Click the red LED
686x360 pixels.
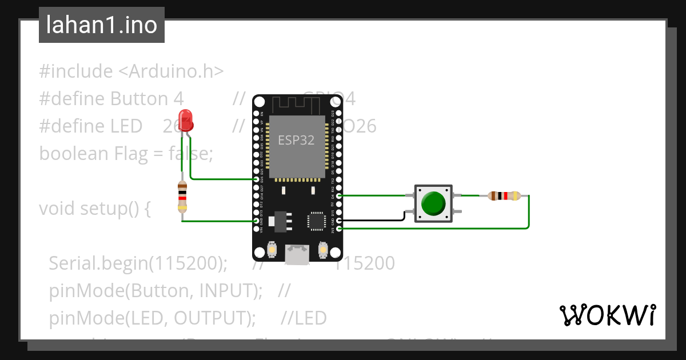tap(186, 120)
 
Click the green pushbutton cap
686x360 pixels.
tap(433, 203)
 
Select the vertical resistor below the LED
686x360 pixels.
tap(182, 197)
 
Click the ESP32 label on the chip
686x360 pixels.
tap(296, 140)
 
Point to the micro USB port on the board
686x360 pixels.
tap(297, 255)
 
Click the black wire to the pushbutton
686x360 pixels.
tap(372, 219)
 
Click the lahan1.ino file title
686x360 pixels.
tap(102, 25)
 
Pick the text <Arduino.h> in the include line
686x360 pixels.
tap(170, 71)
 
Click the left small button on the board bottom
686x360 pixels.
tap(273, 250)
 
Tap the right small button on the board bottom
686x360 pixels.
tap(322, 250)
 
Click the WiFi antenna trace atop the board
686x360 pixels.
tap(297, 105)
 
